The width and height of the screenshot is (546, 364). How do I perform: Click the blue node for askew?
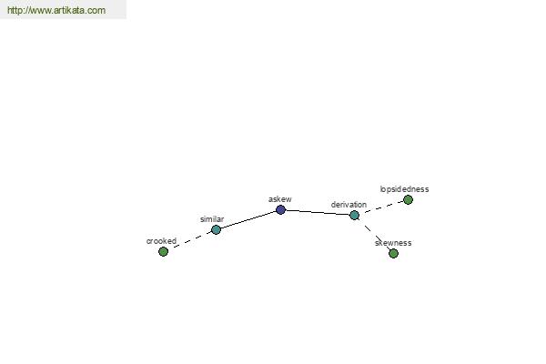click(280, 209)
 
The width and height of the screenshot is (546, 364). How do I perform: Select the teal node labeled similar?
click(216, 229)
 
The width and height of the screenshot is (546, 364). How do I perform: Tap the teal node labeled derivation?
click(354, 216)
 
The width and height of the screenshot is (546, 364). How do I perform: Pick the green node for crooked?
click(163, 251)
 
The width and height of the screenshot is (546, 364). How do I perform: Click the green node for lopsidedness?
click(408, 199)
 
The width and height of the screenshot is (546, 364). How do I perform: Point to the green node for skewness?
click(393, 253)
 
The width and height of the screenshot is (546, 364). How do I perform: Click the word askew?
click(280, 199)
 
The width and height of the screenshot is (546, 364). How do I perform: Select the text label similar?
click(212, 219)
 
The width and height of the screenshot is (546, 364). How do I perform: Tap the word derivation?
click(349, 205)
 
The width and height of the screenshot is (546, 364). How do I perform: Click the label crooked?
click(161, 240)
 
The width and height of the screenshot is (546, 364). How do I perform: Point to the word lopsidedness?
click(404, 189)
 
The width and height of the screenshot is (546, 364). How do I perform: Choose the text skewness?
click(393, 243)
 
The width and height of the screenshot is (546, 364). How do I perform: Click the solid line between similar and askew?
click(248, 220)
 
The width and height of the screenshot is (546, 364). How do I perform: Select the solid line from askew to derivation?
click(318, 212)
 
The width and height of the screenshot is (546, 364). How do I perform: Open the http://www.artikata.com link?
click(56, 10)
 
